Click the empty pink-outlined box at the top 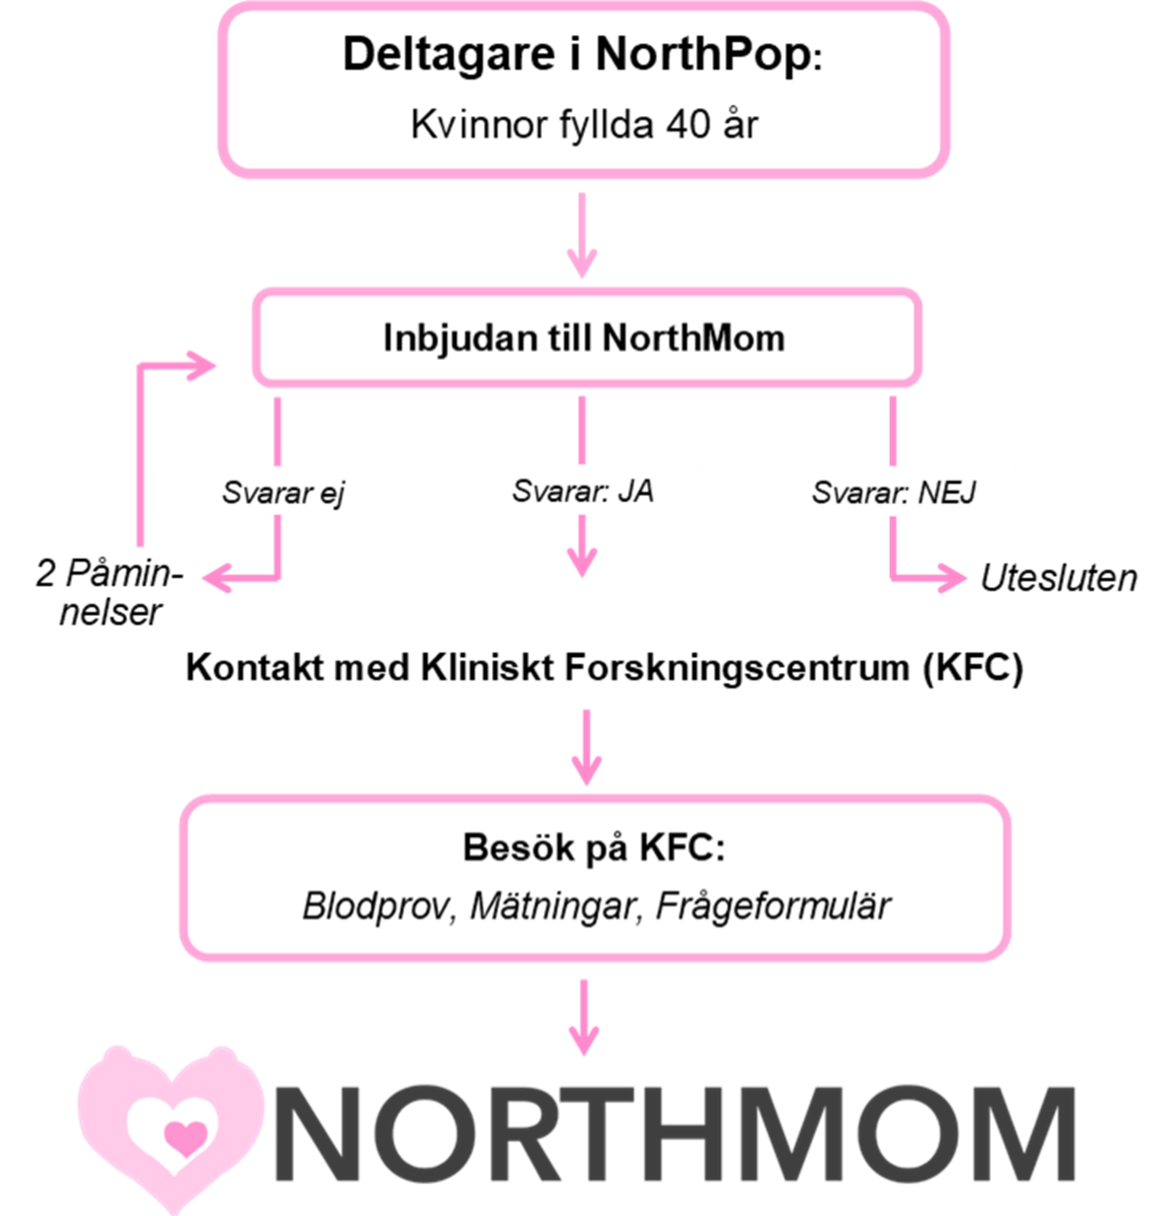point(583,90)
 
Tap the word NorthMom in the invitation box point(694,338)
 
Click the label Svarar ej point(282,493)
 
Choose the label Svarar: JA point(582,492)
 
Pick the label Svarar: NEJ point(893,493)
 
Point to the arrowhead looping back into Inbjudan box point(204,366)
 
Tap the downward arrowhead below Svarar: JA point(582,561)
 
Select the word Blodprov point(378,906)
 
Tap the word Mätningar point(552,906)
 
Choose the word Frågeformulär point(773,906)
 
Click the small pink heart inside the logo point(185,1137)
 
